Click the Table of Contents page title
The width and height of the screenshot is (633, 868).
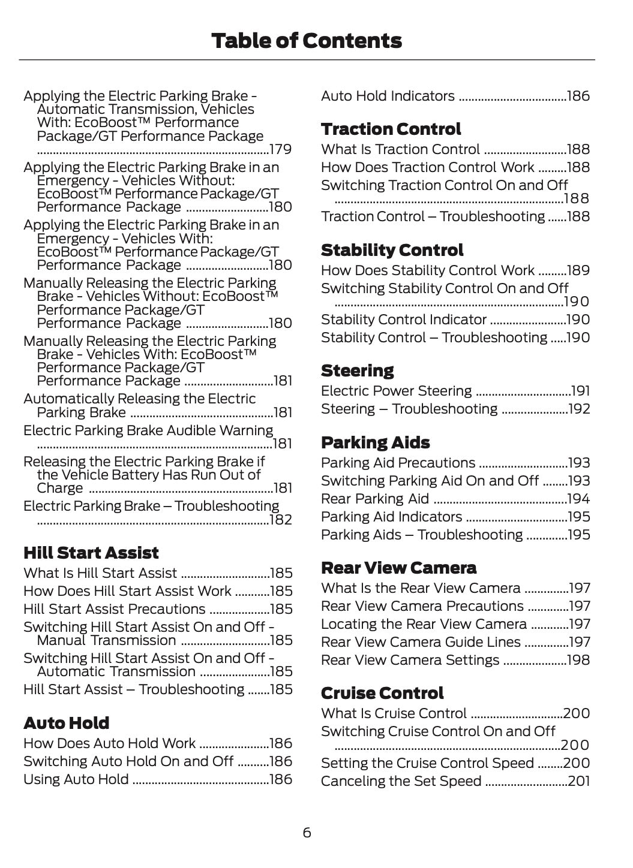(x=307, y=41)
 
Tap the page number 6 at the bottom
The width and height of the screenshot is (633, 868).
(x=307, y=833)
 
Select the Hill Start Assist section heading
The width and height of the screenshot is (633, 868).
(x=91, y=553)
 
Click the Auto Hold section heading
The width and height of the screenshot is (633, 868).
(x=66, y=723)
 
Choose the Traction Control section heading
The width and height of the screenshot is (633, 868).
(x=391, y=129)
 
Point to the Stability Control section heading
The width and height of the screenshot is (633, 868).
(x=392, y=250)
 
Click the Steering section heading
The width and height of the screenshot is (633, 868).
(x=357, y=370)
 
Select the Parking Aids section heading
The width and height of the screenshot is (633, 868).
(x=375, y=442)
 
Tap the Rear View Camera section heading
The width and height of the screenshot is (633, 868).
(x=398, y=568)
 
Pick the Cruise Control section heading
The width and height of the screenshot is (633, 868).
(x=382, y=693)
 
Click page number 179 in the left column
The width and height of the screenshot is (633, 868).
(x=281, y=149)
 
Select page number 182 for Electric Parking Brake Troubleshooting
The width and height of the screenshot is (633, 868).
(x=281, y=520)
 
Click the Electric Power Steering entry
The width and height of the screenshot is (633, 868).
(x=396, y=391)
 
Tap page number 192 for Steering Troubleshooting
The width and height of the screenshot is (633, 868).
(x=579, y=409)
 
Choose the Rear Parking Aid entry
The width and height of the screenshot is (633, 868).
(x=375, y=499)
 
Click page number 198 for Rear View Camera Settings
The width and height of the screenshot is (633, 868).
(x=579, y=660)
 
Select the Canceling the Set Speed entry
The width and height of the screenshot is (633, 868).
(x=401, y=781)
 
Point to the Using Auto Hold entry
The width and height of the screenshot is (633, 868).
(x=76, y=779)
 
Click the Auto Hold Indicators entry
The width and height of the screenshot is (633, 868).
(x=388, y=96)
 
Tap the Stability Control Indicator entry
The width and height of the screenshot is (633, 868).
(x=403, y=320)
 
